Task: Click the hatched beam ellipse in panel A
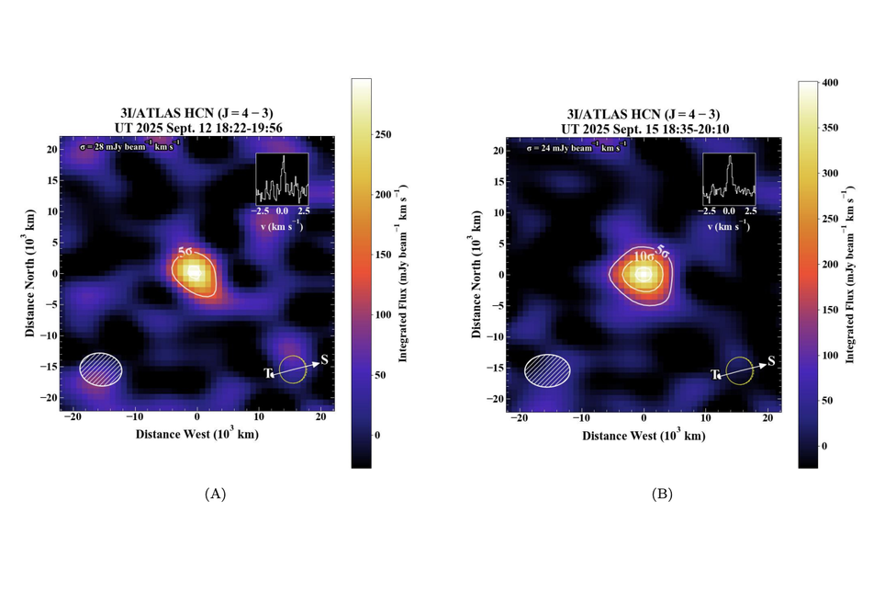click(x=100, y=368)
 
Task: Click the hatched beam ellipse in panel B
click(x=547, y=369)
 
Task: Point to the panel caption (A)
click(x=214, y=494)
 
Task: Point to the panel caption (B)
click(x=662, y=494)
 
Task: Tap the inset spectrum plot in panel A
click(x=282, y=178)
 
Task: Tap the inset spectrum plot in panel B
click(x=729, y=178)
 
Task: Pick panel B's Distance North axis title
click(x=477, y=273)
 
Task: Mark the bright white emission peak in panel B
click(x=644, y=274)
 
